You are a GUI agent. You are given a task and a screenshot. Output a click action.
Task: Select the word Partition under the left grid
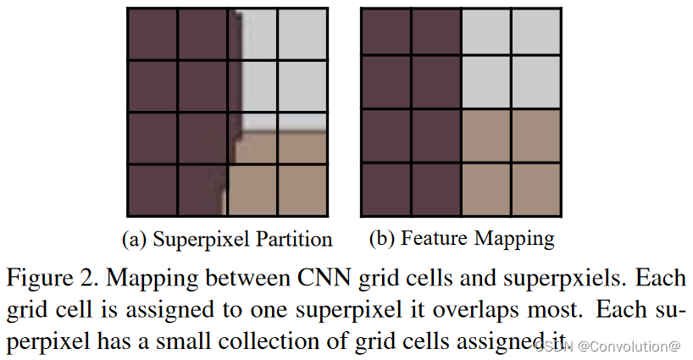pos(291,240)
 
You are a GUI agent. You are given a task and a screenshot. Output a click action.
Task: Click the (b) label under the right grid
pos(383,240)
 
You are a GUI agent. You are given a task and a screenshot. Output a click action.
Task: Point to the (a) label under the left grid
pos(136,240)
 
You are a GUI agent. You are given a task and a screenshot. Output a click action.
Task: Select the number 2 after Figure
pos(79,278)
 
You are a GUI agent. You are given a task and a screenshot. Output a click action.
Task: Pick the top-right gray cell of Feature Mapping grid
pos(535,33)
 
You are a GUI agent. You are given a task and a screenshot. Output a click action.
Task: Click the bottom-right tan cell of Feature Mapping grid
pos(535,188)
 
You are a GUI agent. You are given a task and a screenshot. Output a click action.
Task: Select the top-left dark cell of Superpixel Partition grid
pos(152,33)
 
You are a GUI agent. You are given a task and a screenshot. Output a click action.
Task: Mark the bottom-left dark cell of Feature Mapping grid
pos(386,188)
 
